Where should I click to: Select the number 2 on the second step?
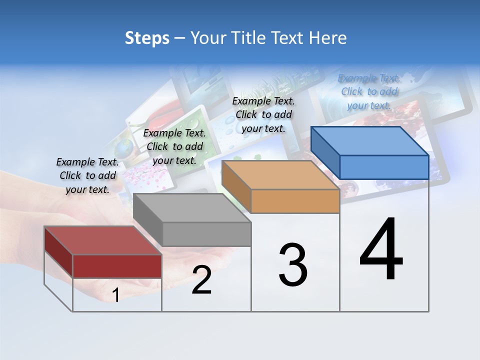(201, 280)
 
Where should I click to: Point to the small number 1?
(116, 295)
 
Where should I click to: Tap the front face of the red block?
(117, 266)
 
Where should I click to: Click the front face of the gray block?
(206, 234)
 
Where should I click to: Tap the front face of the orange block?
(295, 201)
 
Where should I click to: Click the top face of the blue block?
(369, 140)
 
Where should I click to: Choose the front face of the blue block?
(384, 167)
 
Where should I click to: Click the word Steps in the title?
(147, 38)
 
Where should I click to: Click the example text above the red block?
(87, 175)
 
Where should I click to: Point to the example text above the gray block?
(174, 146)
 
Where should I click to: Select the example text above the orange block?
(263, 114)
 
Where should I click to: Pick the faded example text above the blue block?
(369, 91)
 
